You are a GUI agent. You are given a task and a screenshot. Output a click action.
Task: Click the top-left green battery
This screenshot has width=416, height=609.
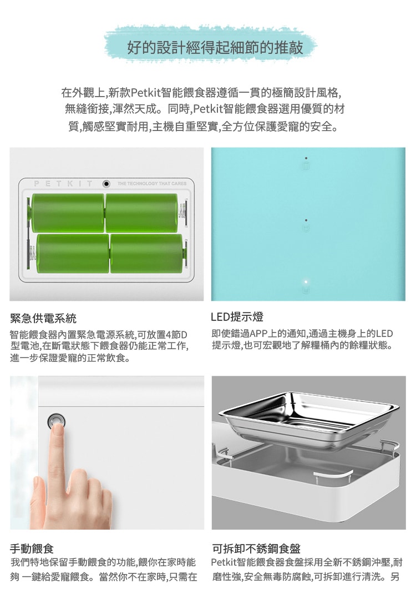pos(68,213)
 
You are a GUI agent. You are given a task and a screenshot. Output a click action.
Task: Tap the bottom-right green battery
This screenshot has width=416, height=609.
pos(146,253)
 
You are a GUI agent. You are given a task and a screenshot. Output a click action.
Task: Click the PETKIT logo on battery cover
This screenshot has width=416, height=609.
pos(63,183)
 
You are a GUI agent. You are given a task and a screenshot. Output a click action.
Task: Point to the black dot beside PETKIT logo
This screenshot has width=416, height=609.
pos(106,183)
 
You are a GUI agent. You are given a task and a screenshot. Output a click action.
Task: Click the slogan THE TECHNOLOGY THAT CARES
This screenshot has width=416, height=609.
pos(152,183)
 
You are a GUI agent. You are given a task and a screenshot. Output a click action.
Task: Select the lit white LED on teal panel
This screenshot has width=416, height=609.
pos(306,281)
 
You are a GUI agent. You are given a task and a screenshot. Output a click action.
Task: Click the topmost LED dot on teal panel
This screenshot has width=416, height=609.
pos(306,158)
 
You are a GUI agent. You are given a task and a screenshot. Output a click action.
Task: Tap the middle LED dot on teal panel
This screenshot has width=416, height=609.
pos(306,220)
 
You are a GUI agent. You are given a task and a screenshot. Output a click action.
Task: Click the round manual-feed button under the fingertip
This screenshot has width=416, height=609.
pos(56,421)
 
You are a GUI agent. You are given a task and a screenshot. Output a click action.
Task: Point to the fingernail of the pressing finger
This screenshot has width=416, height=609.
pos(57,429)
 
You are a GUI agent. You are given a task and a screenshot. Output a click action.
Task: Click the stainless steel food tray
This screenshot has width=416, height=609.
pos(308,419)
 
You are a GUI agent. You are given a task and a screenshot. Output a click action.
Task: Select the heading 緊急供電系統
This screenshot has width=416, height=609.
pos(43,319)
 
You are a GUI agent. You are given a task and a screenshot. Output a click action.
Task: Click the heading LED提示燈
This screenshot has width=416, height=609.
pos(237,317)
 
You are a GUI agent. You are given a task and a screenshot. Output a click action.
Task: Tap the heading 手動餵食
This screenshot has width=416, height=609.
pos(32,548)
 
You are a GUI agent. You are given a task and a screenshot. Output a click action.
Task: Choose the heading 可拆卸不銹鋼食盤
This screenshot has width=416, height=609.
pos(256,548)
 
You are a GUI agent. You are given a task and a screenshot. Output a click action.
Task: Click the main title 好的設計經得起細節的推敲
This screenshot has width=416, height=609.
pos(215,48)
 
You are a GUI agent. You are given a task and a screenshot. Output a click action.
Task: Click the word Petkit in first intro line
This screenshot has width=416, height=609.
pos(145,93)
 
